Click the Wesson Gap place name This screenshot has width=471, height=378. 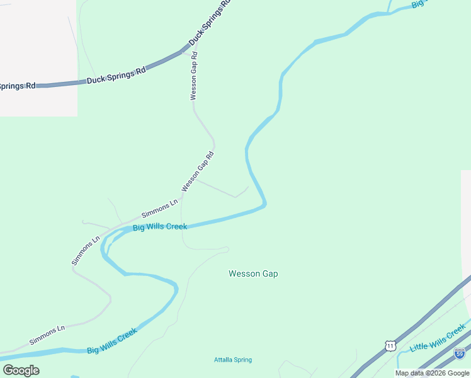click(253, 274)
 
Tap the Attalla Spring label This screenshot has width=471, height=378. click(232, 360)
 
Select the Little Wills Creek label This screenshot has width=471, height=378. click(437, 340)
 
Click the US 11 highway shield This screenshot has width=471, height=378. click(390, 346)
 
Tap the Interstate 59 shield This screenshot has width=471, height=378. click(460, 354)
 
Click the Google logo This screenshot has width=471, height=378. click(21, 370)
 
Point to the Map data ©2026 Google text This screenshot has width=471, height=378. click(432, 373)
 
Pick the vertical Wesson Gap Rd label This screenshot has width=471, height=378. click(194, 76)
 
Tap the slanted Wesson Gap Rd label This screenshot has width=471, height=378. click(198, 171)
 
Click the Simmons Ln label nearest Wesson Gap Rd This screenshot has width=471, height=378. click(159, 209)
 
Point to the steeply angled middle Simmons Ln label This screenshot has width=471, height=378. click(86, 250)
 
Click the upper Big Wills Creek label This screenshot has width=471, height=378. click(160, 226)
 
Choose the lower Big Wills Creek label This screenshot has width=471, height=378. click(112, 341)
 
